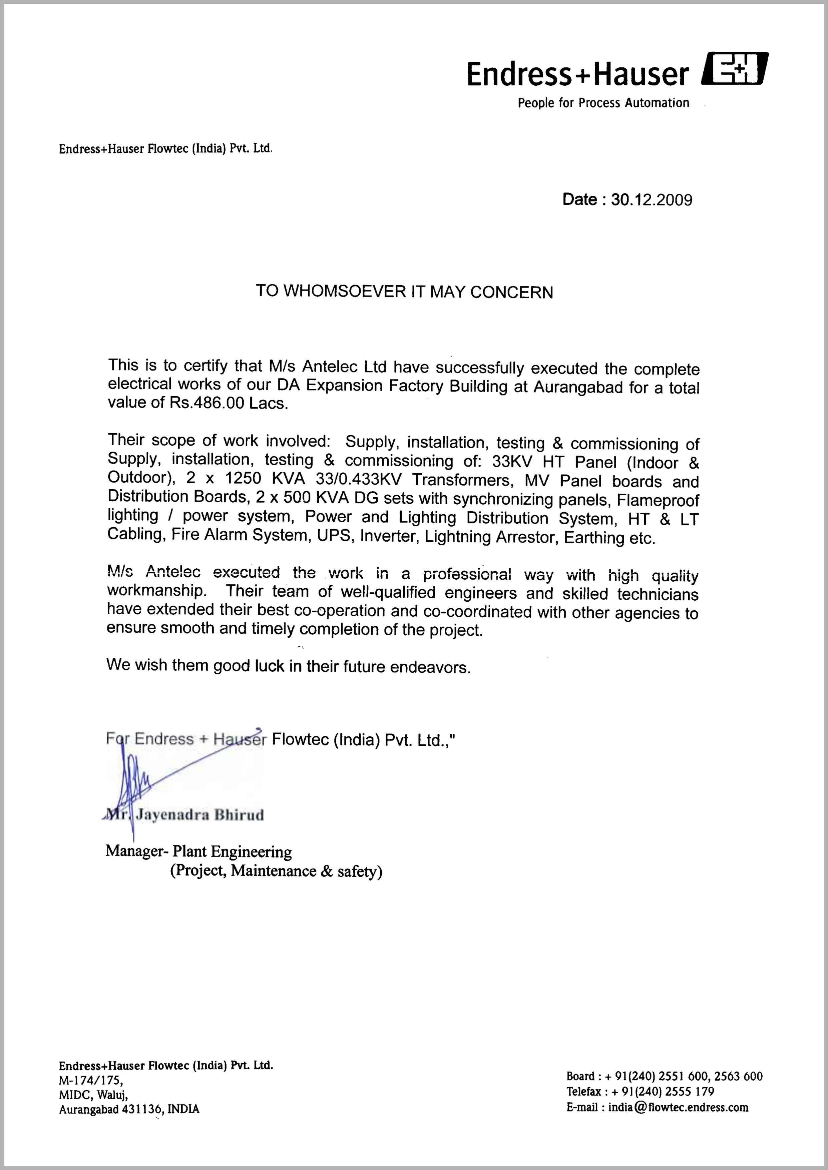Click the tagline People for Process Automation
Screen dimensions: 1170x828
(603, 103)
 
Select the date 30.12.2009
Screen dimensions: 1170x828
(652, 200)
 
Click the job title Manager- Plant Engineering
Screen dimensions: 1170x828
(198, 851)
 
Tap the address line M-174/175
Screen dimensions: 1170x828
(90, 1079)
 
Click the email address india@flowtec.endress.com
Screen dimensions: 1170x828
(678, 1107)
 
